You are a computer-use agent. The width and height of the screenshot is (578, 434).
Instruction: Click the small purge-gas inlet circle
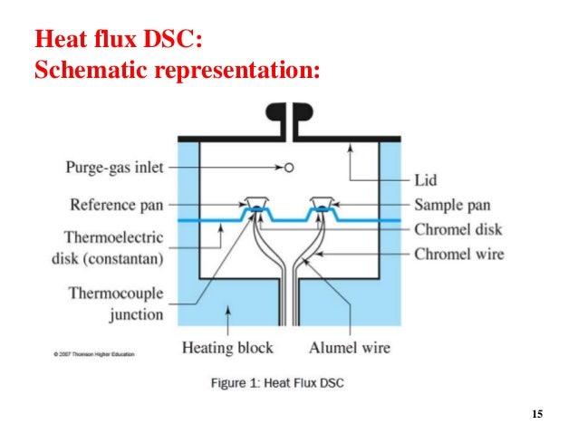coord(288,168)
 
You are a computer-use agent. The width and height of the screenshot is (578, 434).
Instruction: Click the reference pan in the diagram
coord(255,202)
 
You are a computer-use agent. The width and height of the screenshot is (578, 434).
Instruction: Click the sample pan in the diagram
coord(322,202)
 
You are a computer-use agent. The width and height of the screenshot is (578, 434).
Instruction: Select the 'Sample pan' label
coord(458,205)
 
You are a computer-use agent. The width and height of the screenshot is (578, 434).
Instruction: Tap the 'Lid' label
coord(426,179)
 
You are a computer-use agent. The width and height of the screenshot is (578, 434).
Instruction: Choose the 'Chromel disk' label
coord(458,229)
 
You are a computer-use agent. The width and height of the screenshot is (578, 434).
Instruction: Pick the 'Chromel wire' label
coord(458,254)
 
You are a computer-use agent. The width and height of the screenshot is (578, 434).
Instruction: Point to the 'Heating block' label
coord(227,347)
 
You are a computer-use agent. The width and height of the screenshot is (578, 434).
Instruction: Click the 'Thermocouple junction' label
coord(116,304)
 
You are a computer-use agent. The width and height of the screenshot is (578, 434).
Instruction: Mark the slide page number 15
coord(537,414)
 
